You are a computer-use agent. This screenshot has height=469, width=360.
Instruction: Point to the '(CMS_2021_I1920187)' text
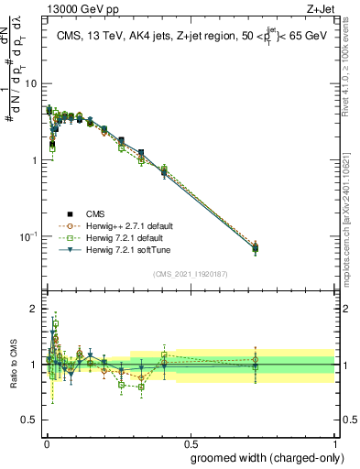(x=190, y=273)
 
